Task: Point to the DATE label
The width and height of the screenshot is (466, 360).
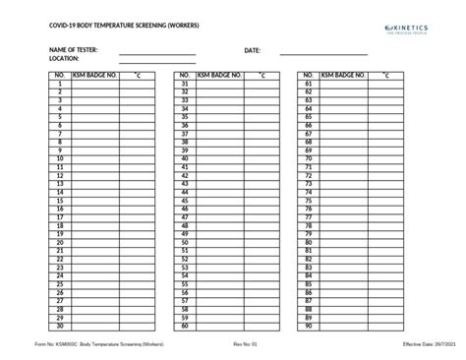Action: pos(253,49)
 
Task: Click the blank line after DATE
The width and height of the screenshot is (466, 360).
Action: pos(323,52)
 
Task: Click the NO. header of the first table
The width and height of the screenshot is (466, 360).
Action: pos(60,76)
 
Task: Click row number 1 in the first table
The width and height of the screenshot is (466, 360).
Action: pos(60,85)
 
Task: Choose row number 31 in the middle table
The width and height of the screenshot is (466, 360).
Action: pos(184,85)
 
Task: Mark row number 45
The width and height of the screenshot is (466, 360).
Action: pos(184,201)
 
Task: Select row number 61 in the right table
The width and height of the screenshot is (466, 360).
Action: pos(309,85)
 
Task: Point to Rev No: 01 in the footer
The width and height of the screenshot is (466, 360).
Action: pos(245,345)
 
